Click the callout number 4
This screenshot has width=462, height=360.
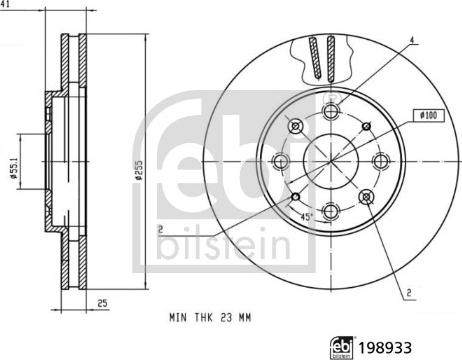click(x=410, y=40)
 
